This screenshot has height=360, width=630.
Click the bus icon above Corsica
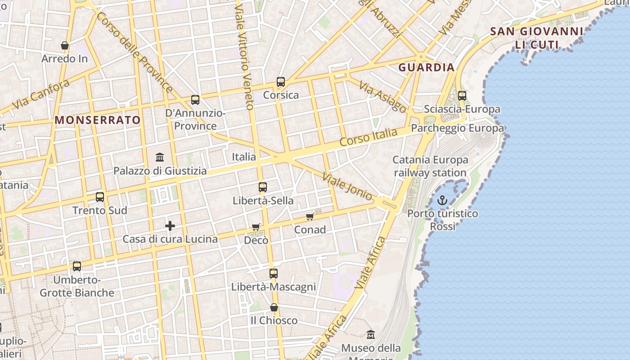coord(281,82)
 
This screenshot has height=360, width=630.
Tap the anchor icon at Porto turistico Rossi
coord(442,200)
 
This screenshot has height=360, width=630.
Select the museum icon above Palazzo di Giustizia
coord(160,157)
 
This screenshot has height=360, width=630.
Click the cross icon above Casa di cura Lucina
coord(170,226)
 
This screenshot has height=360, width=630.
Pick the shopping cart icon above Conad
coord(310,217)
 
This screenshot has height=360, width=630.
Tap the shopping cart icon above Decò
coord(256,227)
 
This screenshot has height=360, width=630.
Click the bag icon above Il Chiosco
coord(274,307)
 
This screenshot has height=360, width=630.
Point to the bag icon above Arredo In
coord(65,45)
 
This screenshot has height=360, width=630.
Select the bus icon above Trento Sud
coord(100,197)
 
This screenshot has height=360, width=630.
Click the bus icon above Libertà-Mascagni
coord(274,273)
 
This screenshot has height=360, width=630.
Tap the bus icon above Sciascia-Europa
coord(462,96)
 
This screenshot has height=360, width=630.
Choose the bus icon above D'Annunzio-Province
coord(195,100)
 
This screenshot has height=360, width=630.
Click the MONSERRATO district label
coord(98,120)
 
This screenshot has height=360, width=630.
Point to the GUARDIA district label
coord(427,67)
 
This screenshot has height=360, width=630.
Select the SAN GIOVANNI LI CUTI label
coord(536,38)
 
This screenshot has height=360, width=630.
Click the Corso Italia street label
coord(369,137)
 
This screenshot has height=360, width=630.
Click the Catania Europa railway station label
coord(430,166)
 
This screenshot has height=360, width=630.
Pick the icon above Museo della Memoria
coord(371,335)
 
